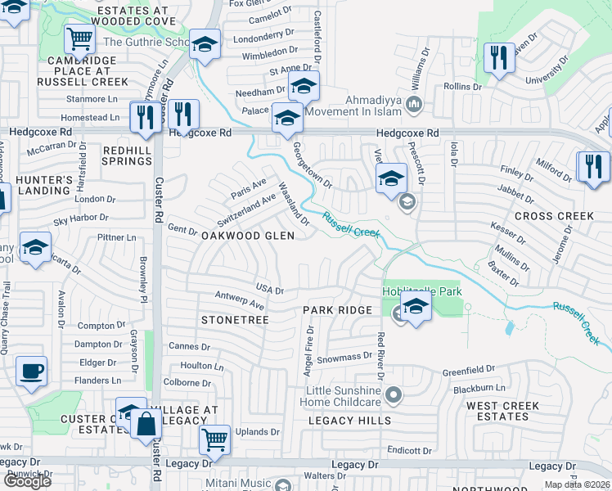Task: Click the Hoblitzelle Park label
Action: [421, 291]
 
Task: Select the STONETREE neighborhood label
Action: [235, 320]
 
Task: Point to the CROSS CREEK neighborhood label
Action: [554, 216]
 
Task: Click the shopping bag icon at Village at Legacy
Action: [146, 424]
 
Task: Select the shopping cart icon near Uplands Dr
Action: [214, 439]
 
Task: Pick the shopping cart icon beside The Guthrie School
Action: [79, 38]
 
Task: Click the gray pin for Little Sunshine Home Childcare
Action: [394, 396]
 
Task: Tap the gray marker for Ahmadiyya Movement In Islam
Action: [414, 104]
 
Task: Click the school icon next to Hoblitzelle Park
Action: [416, 309]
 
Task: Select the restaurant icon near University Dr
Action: [496, 56]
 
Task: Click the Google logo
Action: [26, 480]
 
